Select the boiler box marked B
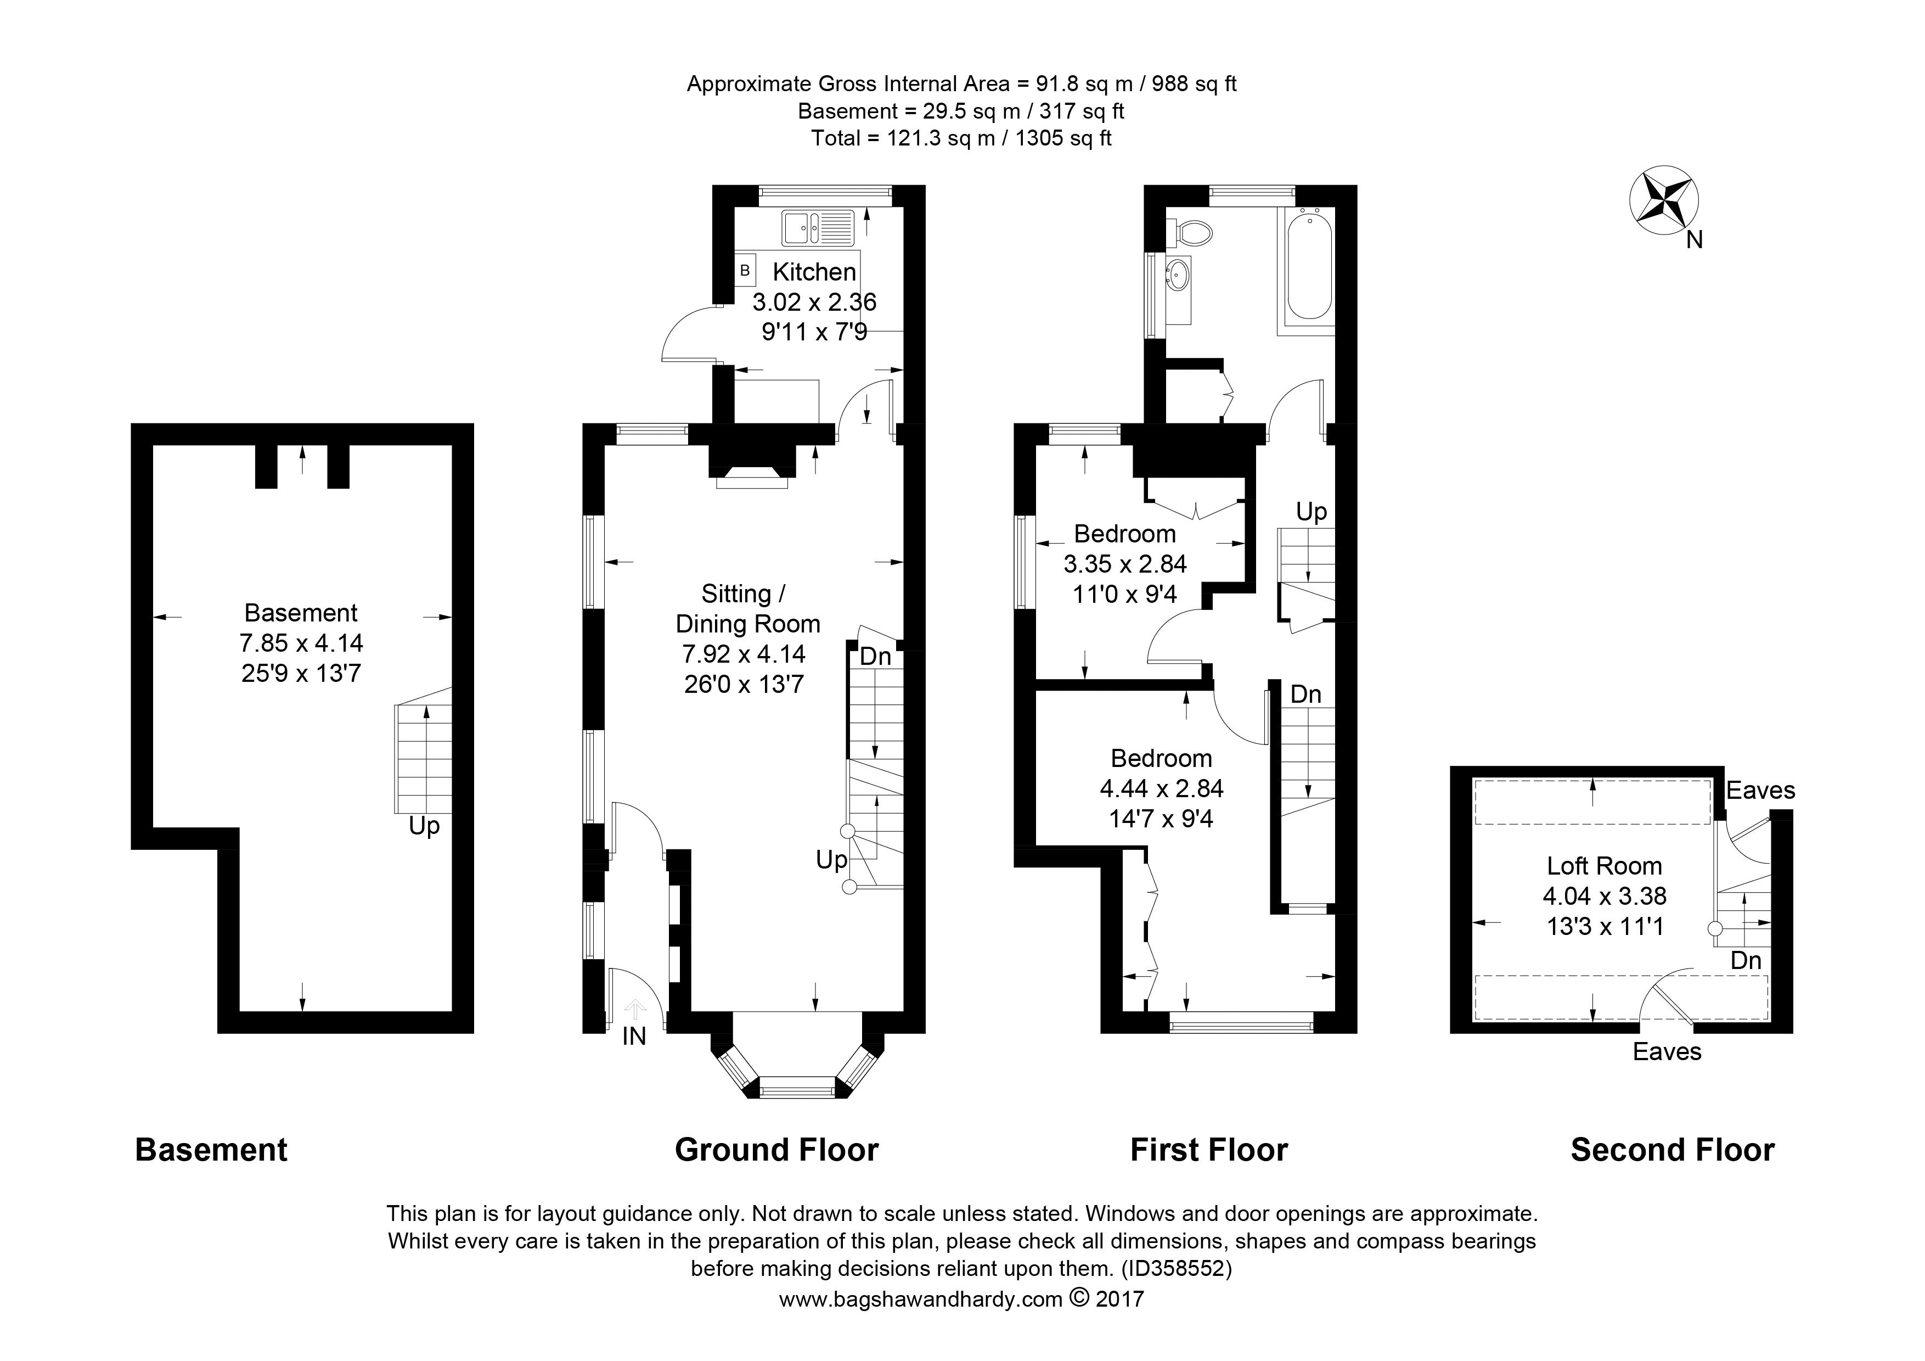tap(745, 271)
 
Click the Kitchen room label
tap(814, 272)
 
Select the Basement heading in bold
tap(211, 1150)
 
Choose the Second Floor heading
tap(1673, 1150)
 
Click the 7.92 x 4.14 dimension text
tap(745, 654)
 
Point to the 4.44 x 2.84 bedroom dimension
tap(1161, 788)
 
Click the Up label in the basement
tap(424, 827)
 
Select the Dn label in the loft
tap(1747, 960)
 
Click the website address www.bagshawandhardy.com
tap(921, 1300)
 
